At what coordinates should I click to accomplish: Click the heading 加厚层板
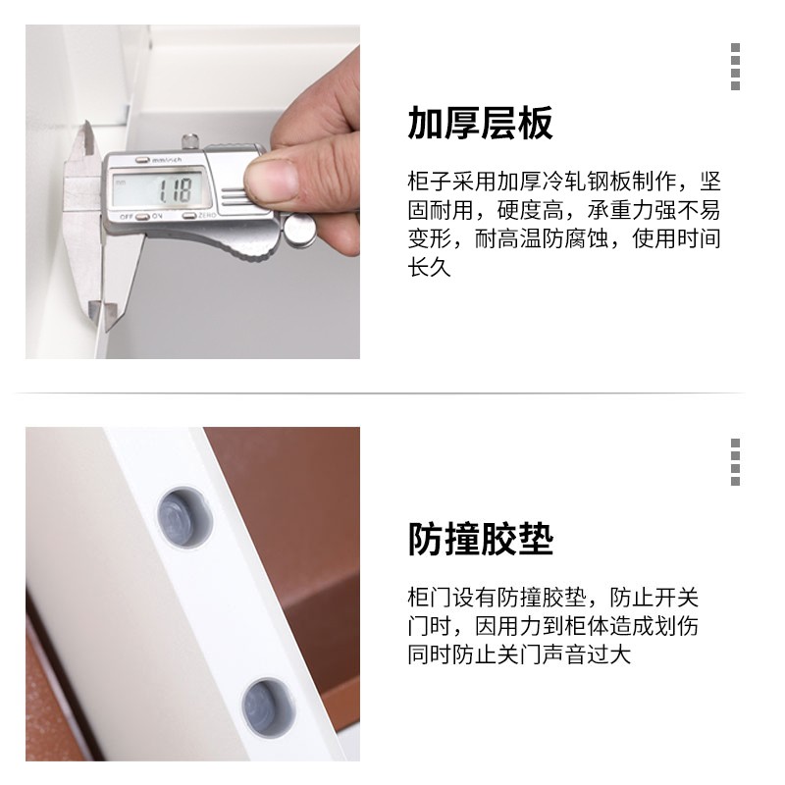pyautogui.click(x=480, y=123)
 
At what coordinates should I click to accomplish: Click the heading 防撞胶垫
pyautogui.click(x=480, y=539)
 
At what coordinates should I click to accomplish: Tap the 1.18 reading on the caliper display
pyautogui.click(x=175, y=190)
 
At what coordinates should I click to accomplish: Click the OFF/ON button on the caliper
pyautogui.click(x=142, y=217)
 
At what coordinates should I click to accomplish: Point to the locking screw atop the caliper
pyautogui.click(x=190, y=141)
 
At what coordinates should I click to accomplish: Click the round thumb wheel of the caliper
pyautogui.click(x=300, y=230)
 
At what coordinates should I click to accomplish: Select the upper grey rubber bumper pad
pyautogui.click(x=183, y=517)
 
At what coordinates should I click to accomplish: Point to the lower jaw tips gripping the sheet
pyautogui.click(x=103, y=314)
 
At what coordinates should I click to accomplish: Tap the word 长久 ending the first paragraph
pyautogui.click(x=430, y=267)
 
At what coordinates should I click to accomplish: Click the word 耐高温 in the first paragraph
pyautogui.click(x=507, y=238)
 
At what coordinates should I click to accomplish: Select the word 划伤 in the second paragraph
pyautogui.click(x=676, y=626)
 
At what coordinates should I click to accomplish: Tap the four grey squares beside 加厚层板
pyautogui.click(x=735, y=67)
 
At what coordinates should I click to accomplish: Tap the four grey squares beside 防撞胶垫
pyautogui.click(x=735, y=462)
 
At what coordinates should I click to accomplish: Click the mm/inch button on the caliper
pyautogui.click(x=142, y=160)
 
